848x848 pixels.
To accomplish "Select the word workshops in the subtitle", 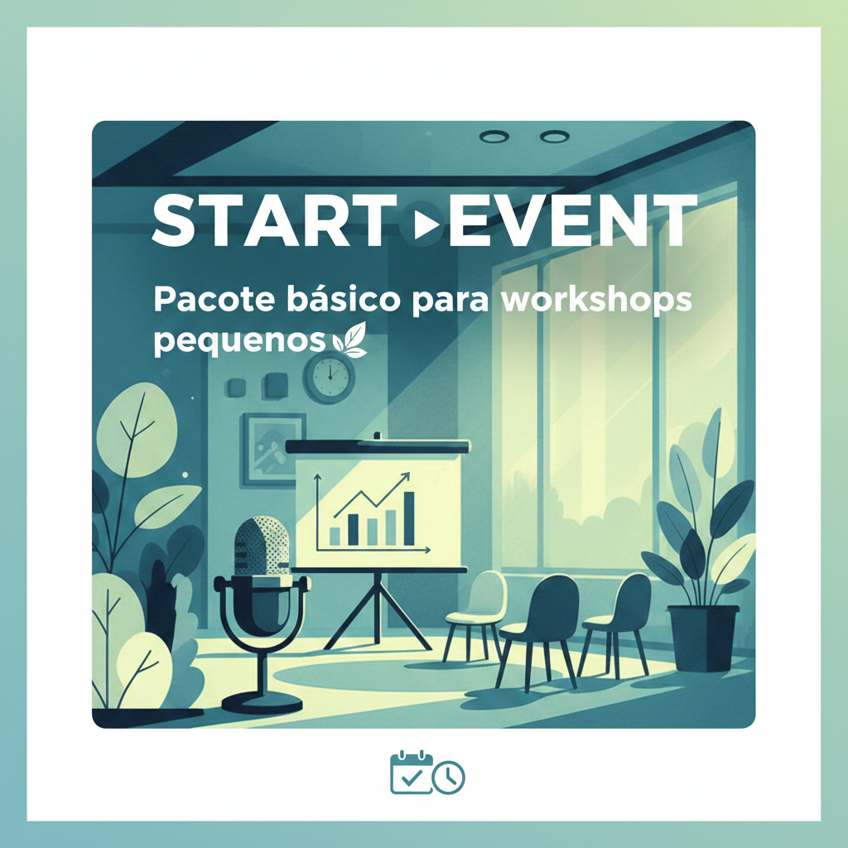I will (x=596, y=301).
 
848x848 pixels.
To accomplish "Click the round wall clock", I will (x=329, y=377).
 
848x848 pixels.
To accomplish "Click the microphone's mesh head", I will (x=261, y=545).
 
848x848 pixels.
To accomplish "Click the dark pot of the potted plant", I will (x=703, y=638).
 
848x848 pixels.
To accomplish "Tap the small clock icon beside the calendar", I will (x=449, y=777).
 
